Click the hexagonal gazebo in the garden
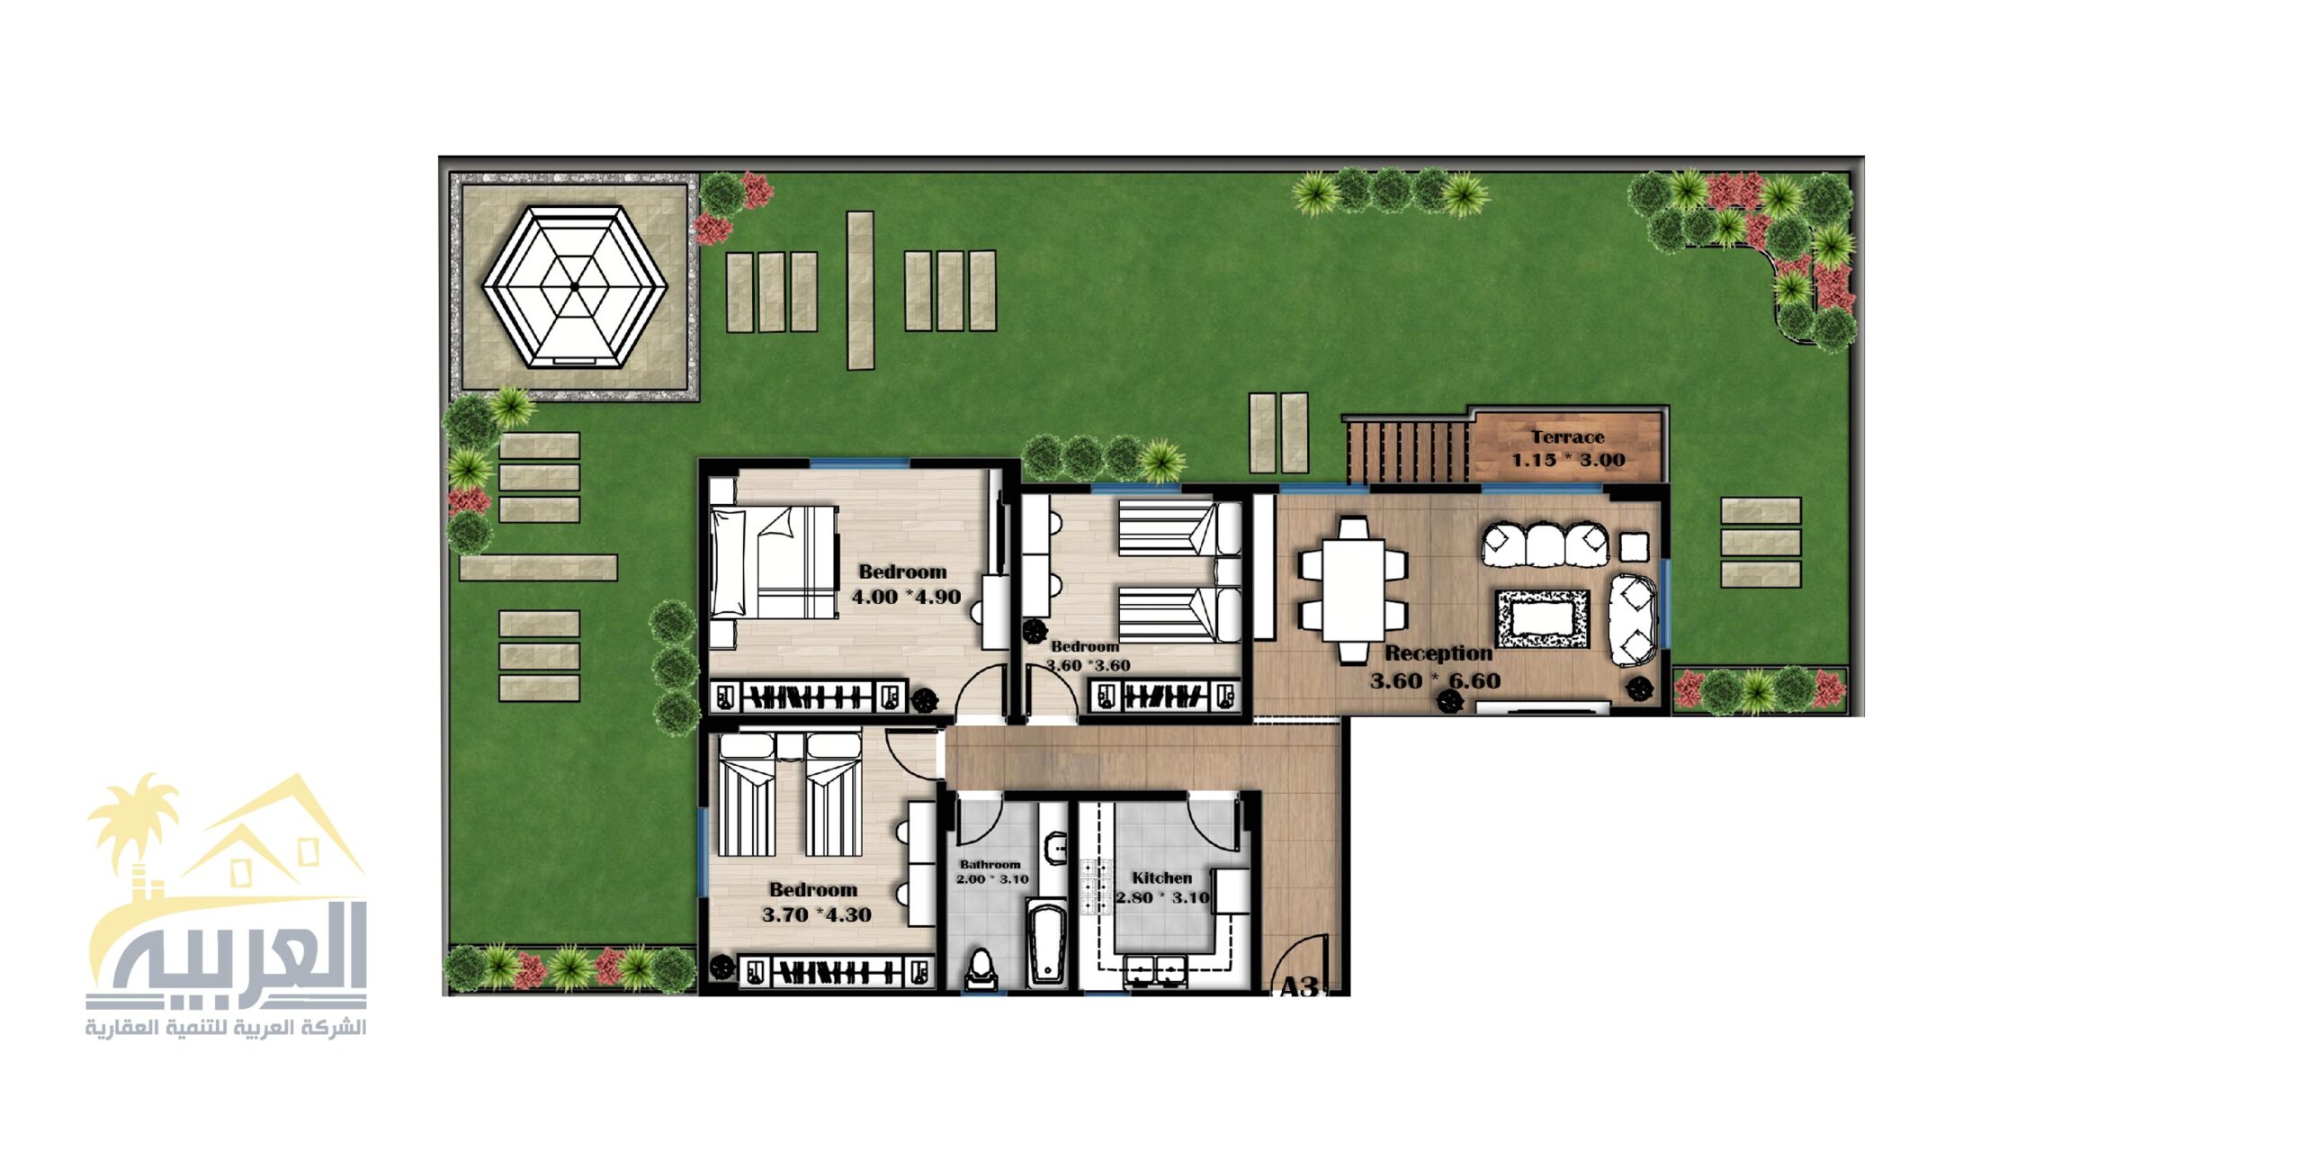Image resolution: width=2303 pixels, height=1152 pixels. coord(574,286)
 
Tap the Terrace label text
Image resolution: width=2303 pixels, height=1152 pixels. coord(1568,437)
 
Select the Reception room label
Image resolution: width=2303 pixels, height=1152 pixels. coord(1438,653)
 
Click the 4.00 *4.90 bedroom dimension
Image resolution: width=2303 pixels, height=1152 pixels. coord(906,597)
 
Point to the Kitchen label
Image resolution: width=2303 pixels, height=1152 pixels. coord(1161,877)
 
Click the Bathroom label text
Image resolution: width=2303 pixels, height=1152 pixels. coord(990,864)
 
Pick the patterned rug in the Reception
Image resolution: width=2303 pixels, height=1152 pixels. coord(1542,618)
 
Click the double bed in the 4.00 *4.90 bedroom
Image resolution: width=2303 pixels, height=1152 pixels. coord(773,562)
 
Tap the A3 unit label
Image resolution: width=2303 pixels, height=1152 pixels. coord(1298,986)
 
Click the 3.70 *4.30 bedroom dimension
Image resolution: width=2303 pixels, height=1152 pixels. coord(816,915)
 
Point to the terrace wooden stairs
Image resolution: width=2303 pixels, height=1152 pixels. coord(1409,451)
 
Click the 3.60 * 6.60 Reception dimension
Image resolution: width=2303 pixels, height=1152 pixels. coord(1435,681)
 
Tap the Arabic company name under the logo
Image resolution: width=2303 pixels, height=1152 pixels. coord(226,1028)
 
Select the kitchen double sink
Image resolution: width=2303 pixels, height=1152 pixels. coord(1154,972)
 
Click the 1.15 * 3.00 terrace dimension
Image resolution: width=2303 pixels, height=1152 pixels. coord(1568,460)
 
